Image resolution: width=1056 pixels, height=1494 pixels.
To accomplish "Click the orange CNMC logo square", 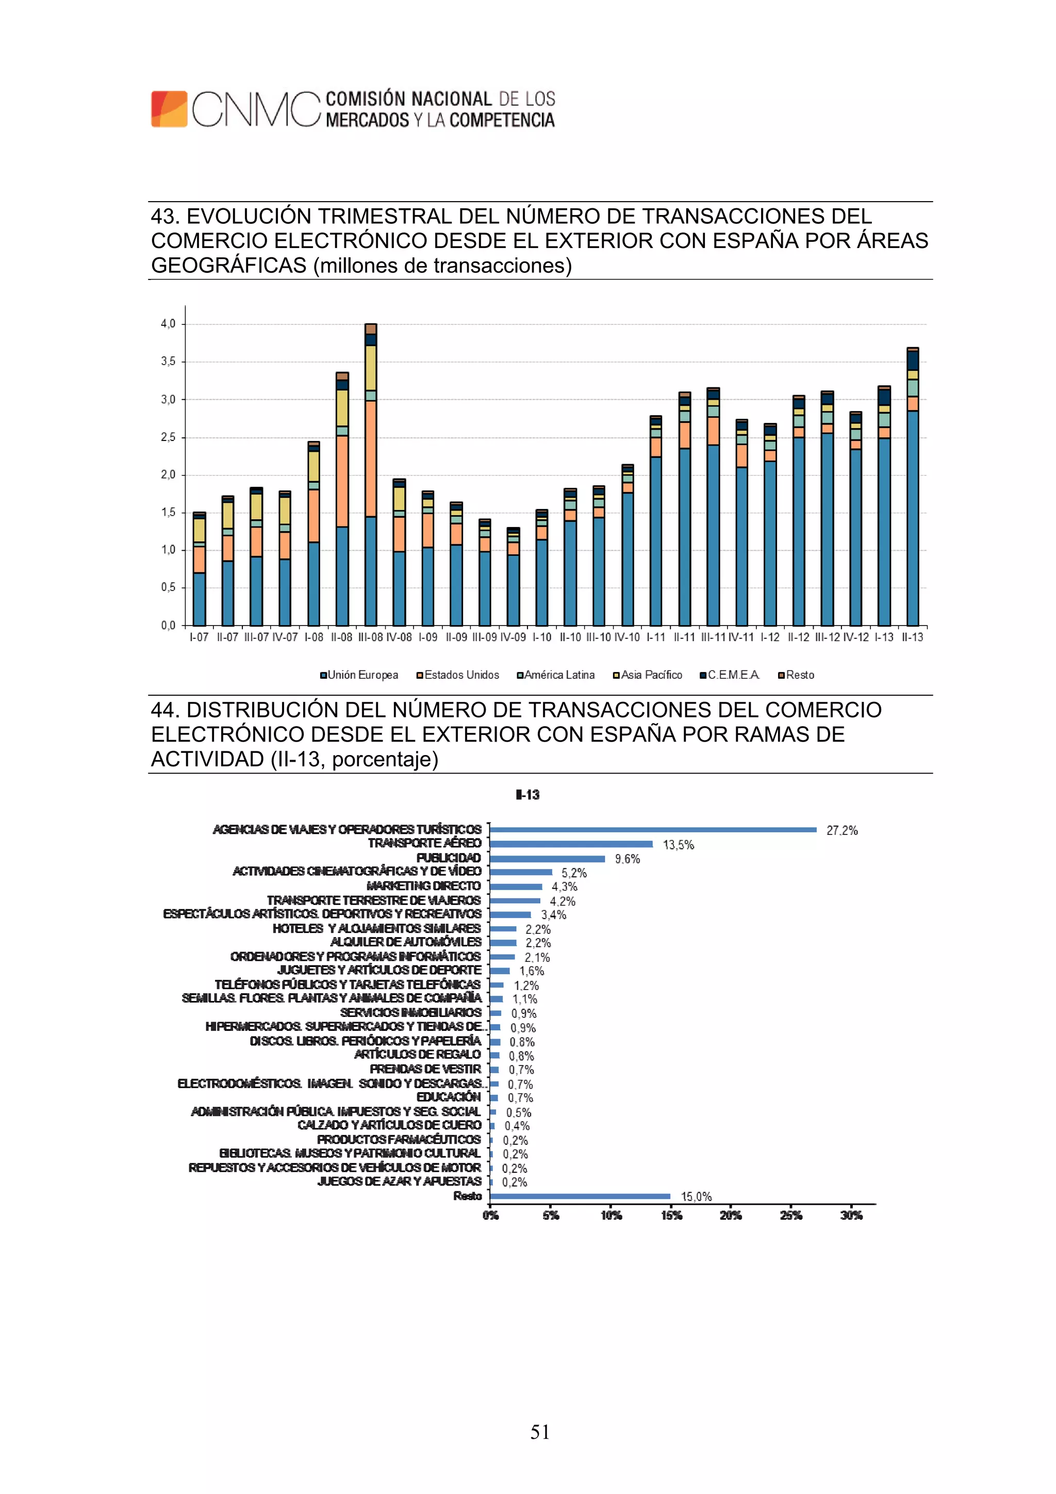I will [169, 109].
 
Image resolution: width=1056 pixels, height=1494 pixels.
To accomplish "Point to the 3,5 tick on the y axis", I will [168, 361].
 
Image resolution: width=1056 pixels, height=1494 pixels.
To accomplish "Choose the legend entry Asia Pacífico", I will [648, 675].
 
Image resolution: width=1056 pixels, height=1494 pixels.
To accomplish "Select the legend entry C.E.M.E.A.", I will [730, 675].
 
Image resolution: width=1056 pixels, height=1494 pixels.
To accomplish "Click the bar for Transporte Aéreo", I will [571, 844].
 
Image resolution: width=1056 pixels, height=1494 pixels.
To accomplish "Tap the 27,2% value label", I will [841, 830].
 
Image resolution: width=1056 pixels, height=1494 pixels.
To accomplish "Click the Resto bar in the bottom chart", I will [580, 1196].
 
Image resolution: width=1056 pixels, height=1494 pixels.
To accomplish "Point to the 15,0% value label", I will [696, 1196].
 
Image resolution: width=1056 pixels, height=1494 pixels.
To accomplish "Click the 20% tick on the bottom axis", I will [730, 1215].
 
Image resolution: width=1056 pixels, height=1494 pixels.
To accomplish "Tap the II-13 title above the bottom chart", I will [527, 795].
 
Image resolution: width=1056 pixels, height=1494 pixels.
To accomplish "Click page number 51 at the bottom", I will [539, 1432].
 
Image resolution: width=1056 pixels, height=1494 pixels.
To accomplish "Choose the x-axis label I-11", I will [655, 637].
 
